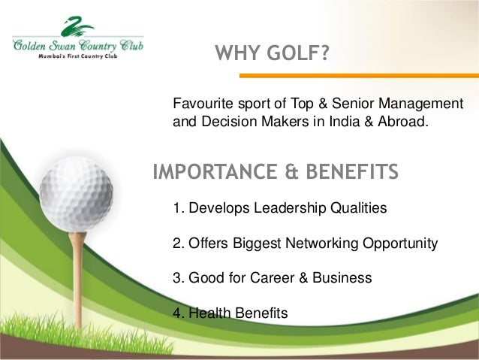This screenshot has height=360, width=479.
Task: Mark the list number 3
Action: tap(178, 277)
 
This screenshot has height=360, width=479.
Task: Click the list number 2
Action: tap(178, 244)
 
